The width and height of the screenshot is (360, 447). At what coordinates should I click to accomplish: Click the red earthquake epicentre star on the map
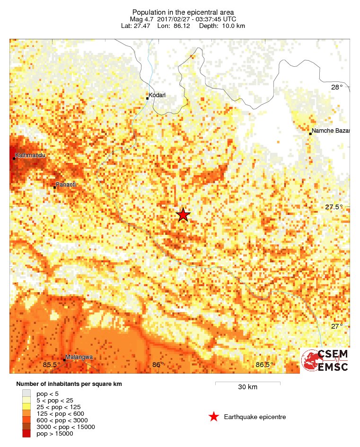184,215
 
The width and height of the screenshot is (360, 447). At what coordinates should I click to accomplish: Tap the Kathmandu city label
31,155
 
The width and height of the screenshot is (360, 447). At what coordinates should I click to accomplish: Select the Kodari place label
157,96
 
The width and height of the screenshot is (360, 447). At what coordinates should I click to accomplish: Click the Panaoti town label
66,184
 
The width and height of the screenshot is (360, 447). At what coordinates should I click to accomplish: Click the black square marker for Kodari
148,98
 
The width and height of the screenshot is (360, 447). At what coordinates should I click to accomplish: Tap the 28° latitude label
337,87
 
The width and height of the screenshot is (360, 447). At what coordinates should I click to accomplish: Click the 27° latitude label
337,326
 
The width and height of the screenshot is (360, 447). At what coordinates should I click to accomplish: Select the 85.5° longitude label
51,365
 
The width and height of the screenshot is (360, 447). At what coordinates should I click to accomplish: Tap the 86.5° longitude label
264,365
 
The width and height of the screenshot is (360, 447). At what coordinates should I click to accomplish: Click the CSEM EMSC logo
325,361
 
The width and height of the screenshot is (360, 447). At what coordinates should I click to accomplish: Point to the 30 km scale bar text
247,387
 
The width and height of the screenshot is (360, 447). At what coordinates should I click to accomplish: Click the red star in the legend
214,417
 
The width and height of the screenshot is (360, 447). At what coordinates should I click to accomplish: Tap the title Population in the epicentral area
184,12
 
